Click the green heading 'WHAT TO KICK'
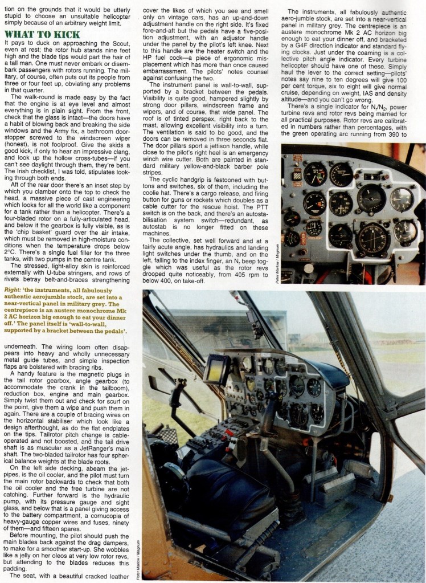click(x=42, y=35)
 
